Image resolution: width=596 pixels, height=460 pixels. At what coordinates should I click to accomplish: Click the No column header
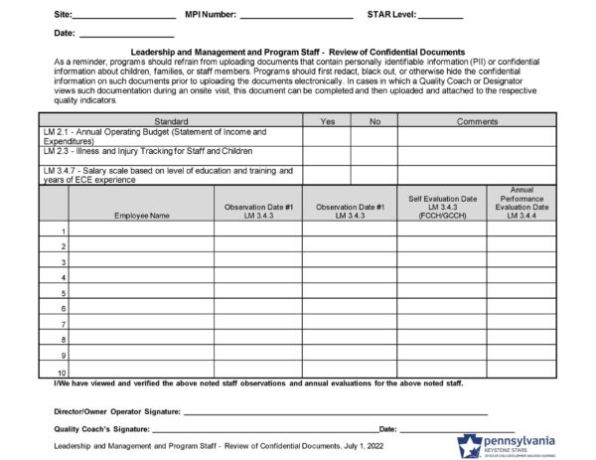click(x=372, y=120)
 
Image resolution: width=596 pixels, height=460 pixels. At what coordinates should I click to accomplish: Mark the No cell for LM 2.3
click(x=372, y=153)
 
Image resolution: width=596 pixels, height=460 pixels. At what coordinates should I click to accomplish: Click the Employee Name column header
click(x=141, y=215)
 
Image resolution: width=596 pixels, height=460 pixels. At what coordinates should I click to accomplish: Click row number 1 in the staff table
click(x=63, y=230)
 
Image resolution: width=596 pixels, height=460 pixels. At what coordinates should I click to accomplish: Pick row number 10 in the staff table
click(x=61, y=371)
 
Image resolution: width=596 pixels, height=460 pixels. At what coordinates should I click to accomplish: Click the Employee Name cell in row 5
click(x=141, y=293)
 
